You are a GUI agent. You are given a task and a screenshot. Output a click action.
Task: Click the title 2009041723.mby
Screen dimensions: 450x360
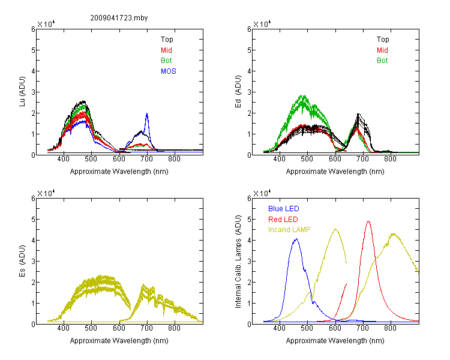[119, 18]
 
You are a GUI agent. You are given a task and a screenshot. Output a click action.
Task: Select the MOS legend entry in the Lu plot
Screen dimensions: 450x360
[169, 71]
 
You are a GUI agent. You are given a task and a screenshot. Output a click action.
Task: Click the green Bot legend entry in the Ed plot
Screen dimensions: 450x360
[382, 61]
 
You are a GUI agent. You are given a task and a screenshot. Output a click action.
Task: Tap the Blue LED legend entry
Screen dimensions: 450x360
[284, 209]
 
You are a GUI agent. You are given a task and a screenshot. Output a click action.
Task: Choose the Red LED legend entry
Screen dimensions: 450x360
[283, 220]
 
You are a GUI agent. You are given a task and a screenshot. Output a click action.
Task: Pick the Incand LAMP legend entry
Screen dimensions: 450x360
[289, 230]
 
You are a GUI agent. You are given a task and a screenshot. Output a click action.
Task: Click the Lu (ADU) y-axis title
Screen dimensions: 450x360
[22, 91]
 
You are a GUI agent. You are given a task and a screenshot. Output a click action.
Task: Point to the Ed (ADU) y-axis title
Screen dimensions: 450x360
[238, 91]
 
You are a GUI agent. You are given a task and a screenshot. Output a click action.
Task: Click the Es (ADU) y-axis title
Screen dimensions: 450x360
[22, 260]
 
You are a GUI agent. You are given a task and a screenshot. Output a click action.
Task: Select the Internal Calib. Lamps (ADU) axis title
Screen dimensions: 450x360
[238, 262]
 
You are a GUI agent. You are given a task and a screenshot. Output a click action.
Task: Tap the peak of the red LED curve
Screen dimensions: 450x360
[368, 221]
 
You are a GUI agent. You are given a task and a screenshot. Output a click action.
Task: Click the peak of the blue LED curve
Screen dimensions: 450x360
[296, 239]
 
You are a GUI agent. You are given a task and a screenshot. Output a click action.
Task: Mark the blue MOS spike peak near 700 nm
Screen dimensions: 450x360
[147, 113]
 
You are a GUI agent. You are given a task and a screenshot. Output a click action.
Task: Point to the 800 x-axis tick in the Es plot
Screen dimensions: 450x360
[174, 328]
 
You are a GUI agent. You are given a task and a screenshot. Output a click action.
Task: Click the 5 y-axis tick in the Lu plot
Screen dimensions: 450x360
[34, 50]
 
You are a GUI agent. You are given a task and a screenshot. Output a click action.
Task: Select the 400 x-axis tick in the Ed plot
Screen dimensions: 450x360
[279, 158]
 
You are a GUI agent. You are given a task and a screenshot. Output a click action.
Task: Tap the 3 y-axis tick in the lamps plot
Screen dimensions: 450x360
[249, 261]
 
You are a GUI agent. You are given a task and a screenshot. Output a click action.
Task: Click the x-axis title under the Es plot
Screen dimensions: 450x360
[119, 341]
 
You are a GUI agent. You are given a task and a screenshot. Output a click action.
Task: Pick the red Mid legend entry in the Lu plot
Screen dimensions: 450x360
[166, 50]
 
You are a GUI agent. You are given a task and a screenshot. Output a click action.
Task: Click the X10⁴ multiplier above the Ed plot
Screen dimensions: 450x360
[262, 24]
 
